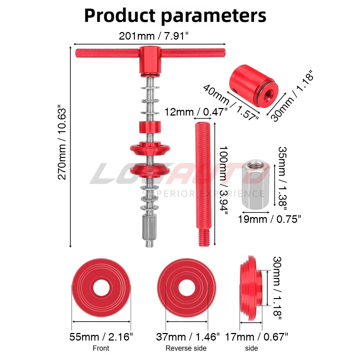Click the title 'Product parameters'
pos(175,16)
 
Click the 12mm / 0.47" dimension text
pos(196,112)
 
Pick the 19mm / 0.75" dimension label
pos(269,219)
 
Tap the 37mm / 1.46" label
pos(188,337)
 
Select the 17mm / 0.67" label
pos(256,337)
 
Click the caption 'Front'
pos(101,348)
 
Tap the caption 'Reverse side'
pos(186,348)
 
